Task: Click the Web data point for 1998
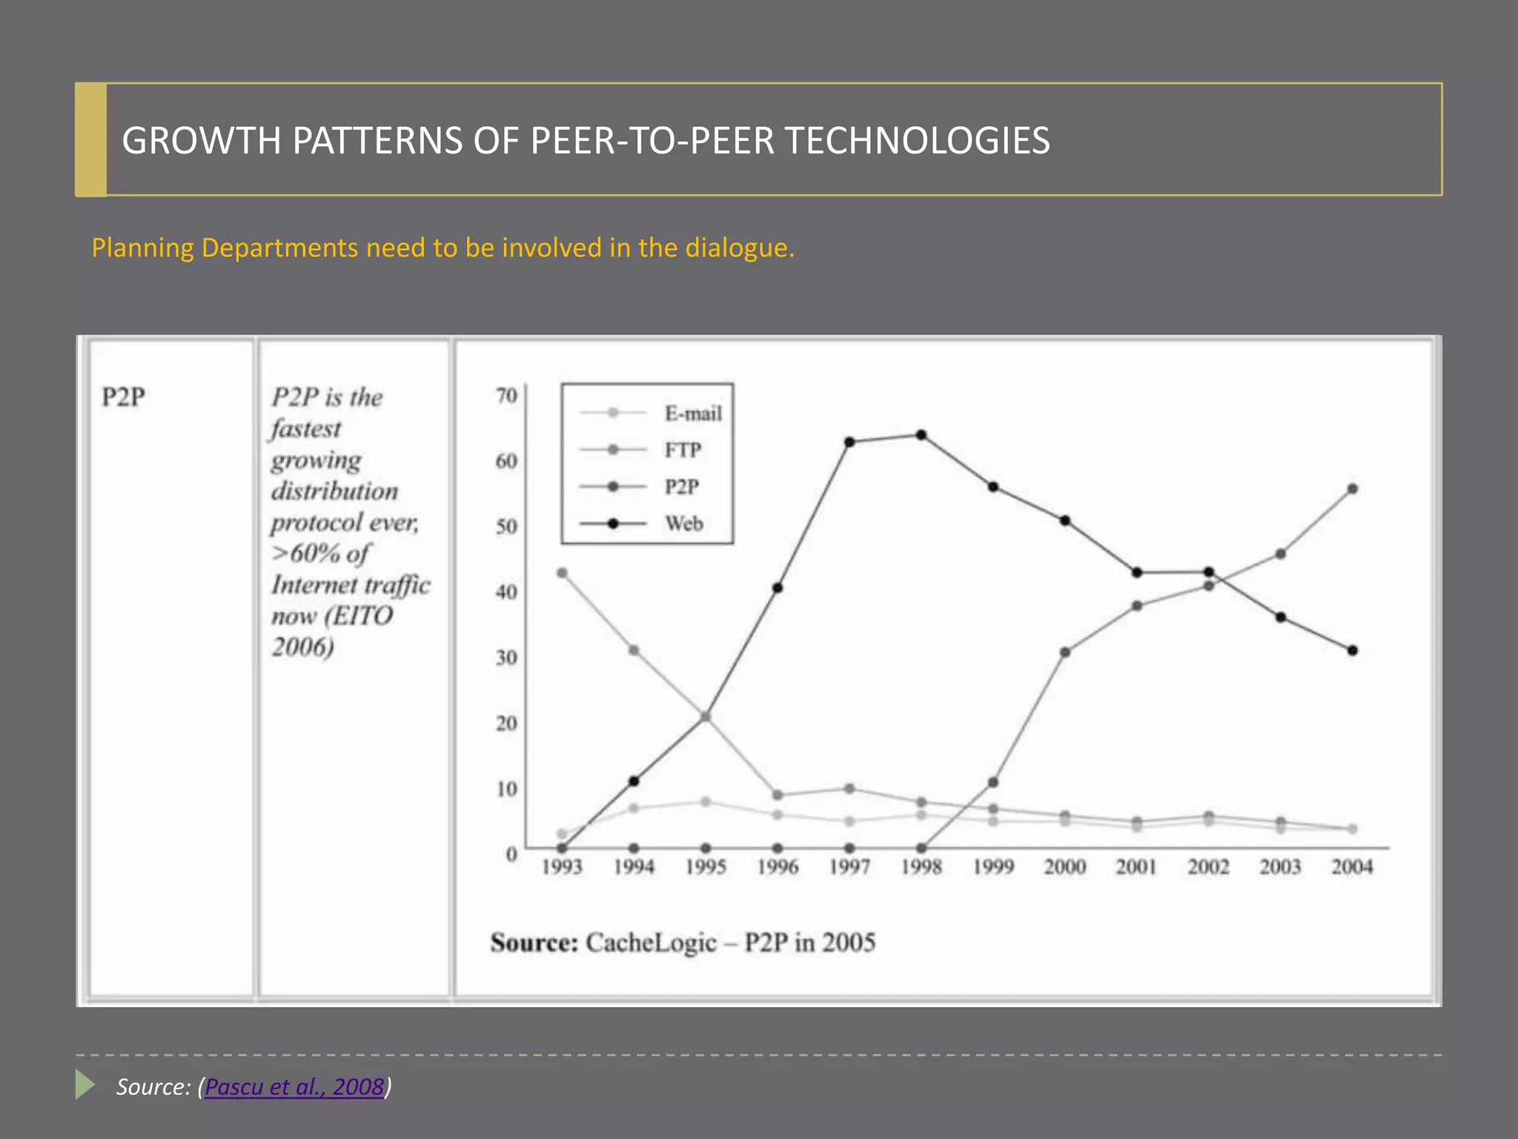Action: [x=921, y=435]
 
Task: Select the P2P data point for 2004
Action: [x=1352, y=489]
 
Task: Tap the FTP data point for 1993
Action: [x=562, y=572]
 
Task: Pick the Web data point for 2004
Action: [x=1352, y=650]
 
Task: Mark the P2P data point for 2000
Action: [x=1065, y=653]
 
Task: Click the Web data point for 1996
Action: [x=778, y=588]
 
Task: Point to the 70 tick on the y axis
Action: [x=506, y=395]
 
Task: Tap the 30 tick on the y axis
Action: [x=506, y=657]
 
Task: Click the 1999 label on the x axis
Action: [x=993, y=866]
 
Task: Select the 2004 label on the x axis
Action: [x=1352, y=866]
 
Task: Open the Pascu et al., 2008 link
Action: [x=294, y=1086]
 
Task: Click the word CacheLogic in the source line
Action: [x=651, y=942]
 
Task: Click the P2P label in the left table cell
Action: [x=123, y=397]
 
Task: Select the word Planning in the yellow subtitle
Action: [x=142, y=248]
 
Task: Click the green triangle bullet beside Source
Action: [x=84, y=1085]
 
